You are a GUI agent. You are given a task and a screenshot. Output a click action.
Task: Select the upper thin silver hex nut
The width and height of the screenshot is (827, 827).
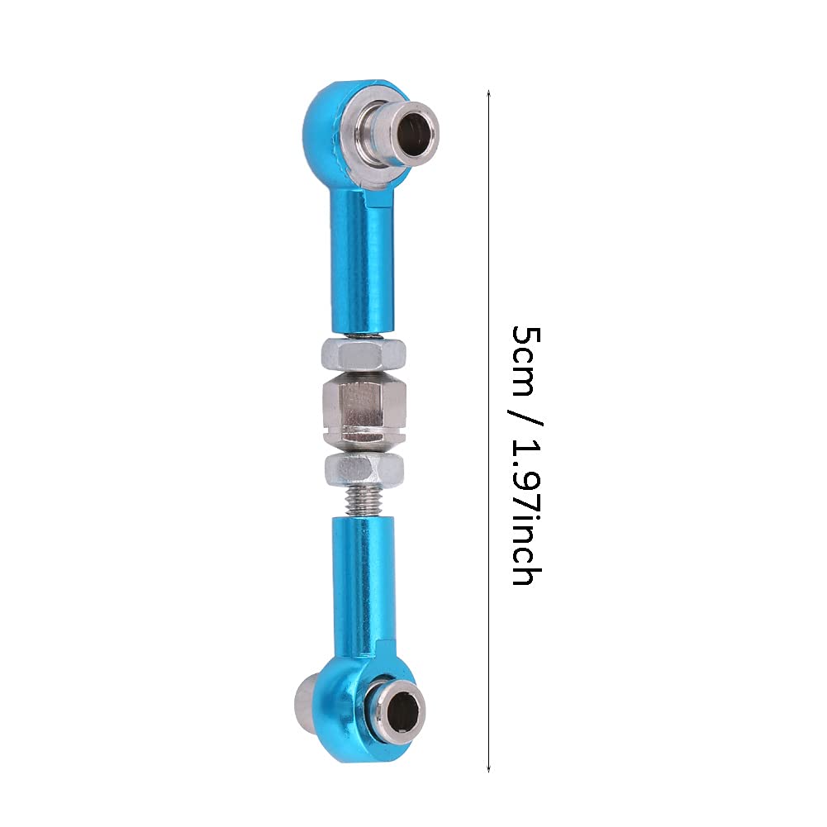click(364, 353)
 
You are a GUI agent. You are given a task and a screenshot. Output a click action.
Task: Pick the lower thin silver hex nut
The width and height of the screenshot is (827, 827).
click(364, 469)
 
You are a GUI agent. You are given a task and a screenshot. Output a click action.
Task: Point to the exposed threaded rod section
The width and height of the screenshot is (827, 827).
click(364, 501)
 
